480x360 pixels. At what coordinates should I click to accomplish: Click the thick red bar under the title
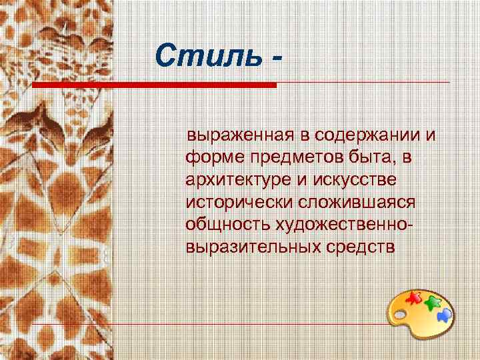(154, 85)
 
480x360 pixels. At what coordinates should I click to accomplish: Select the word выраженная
(241, 135)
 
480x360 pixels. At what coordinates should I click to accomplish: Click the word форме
(210, 158)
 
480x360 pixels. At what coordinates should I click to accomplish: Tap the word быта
(363, 158)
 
